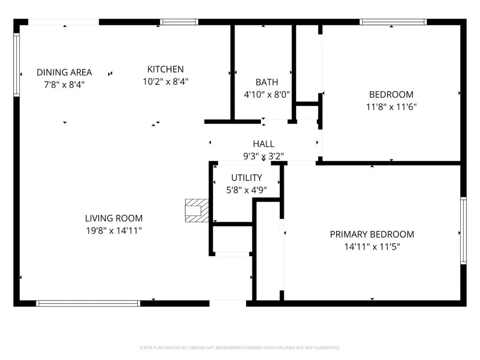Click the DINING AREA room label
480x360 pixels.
coord(64,72)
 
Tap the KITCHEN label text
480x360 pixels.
coord(166,69)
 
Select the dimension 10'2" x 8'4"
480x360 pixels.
coord(166,82)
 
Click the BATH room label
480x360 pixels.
coord(267,82)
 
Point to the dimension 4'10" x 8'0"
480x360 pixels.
coord(267,95)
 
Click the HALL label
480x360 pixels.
coord(264,144)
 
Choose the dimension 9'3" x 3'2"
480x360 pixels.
coord(264,156)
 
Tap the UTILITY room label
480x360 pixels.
coord(246,178)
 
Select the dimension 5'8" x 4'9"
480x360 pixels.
coord(246,190)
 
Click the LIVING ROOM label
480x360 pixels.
coord(114,218)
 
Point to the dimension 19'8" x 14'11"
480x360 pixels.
coord(114,231)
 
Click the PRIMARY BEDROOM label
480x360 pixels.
coord(372,234)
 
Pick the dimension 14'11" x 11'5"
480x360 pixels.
coord(372,247)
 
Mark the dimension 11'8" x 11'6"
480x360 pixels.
coord(391,107)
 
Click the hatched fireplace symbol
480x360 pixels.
coord(197,210)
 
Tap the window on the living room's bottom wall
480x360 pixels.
coord(88,303)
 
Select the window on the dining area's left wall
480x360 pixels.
coord(17,65)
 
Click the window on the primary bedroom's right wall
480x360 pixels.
coord(463,231)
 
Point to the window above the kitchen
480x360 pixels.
coord(179,22)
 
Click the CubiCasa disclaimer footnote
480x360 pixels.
coord(240,348)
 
